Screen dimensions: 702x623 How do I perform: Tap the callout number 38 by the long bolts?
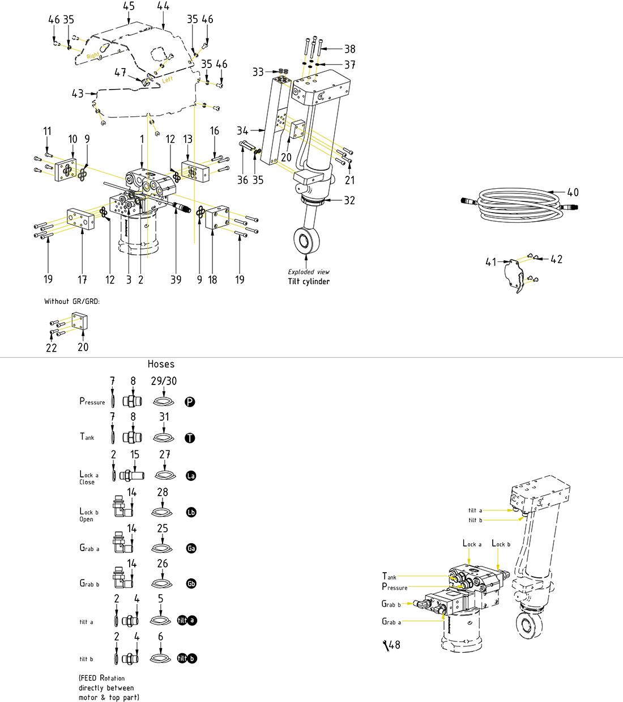(x=350, y=49)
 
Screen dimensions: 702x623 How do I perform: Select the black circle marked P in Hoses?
(x=190, y=402)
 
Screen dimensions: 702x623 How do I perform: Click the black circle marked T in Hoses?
(x=190, y=438)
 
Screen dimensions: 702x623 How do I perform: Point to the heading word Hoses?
(x=161, y=364)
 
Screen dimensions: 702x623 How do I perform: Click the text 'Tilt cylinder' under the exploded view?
(x=309, y=281)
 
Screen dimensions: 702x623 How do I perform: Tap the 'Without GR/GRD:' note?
(x=72, y=301)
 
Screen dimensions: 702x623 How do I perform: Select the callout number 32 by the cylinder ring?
(x=349, y=200)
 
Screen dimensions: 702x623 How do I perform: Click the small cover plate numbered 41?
(x=515, y=274)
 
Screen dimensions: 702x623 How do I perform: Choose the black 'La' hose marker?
(x=191, y=476)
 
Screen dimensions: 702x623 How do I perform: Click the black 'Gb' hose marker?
(x=191, y=584)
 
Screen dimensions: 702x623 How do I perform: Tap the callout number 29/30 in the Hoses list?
(x=164, y=381)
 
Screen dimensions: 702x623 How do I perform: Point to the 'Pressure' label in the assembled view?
(x=395, y=587)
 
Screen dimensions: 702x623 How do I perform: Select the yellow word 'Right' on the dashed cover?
(x=93, y=56)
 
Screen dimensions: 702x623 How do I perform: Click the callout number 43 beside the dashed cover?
(x=78, y=94)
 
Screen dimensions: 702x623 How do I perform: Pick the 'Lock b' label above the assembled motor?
(x=501, y=544)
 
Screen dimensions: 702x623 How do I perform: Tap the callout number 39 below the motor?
(x=176, y=279)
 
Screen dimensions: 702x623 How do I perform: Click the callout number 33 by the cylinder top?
(x=258, y=72)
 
